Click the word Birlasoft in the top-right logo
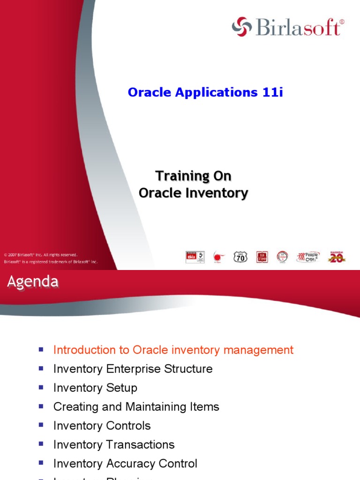298,27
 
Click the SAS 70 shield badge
240,257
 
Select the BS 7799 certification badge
262,257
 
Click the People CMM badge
307,257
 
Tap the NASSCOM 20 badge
336,257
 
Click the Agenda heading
33,282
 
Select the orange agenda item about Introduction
173,350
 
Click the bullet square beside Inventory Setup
41,387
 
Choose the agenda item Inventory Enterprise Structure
133,369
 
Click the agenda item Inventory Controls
102,426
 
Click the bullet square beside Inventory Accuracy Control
41,463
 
